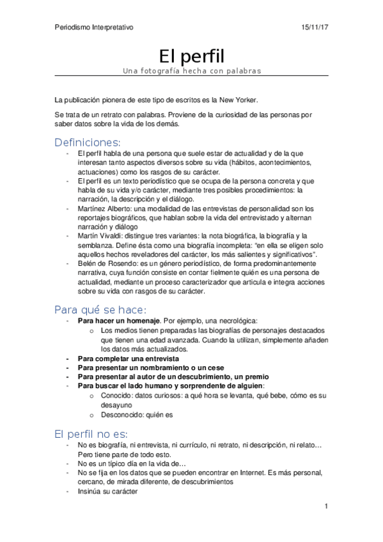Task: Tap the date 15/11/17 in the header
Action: click(x=315, y=27)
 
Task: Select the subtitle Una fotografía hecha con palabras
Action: click(x=192, y=70)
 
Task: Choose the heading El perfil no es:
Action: click(x=91, y=433)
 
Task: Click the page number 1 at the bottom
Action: click(x=325, y=506)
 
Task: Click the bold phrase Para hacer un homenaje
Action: click(x=118, y=320)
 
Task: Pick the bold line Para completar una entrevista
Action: click(x=128, y=359)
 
